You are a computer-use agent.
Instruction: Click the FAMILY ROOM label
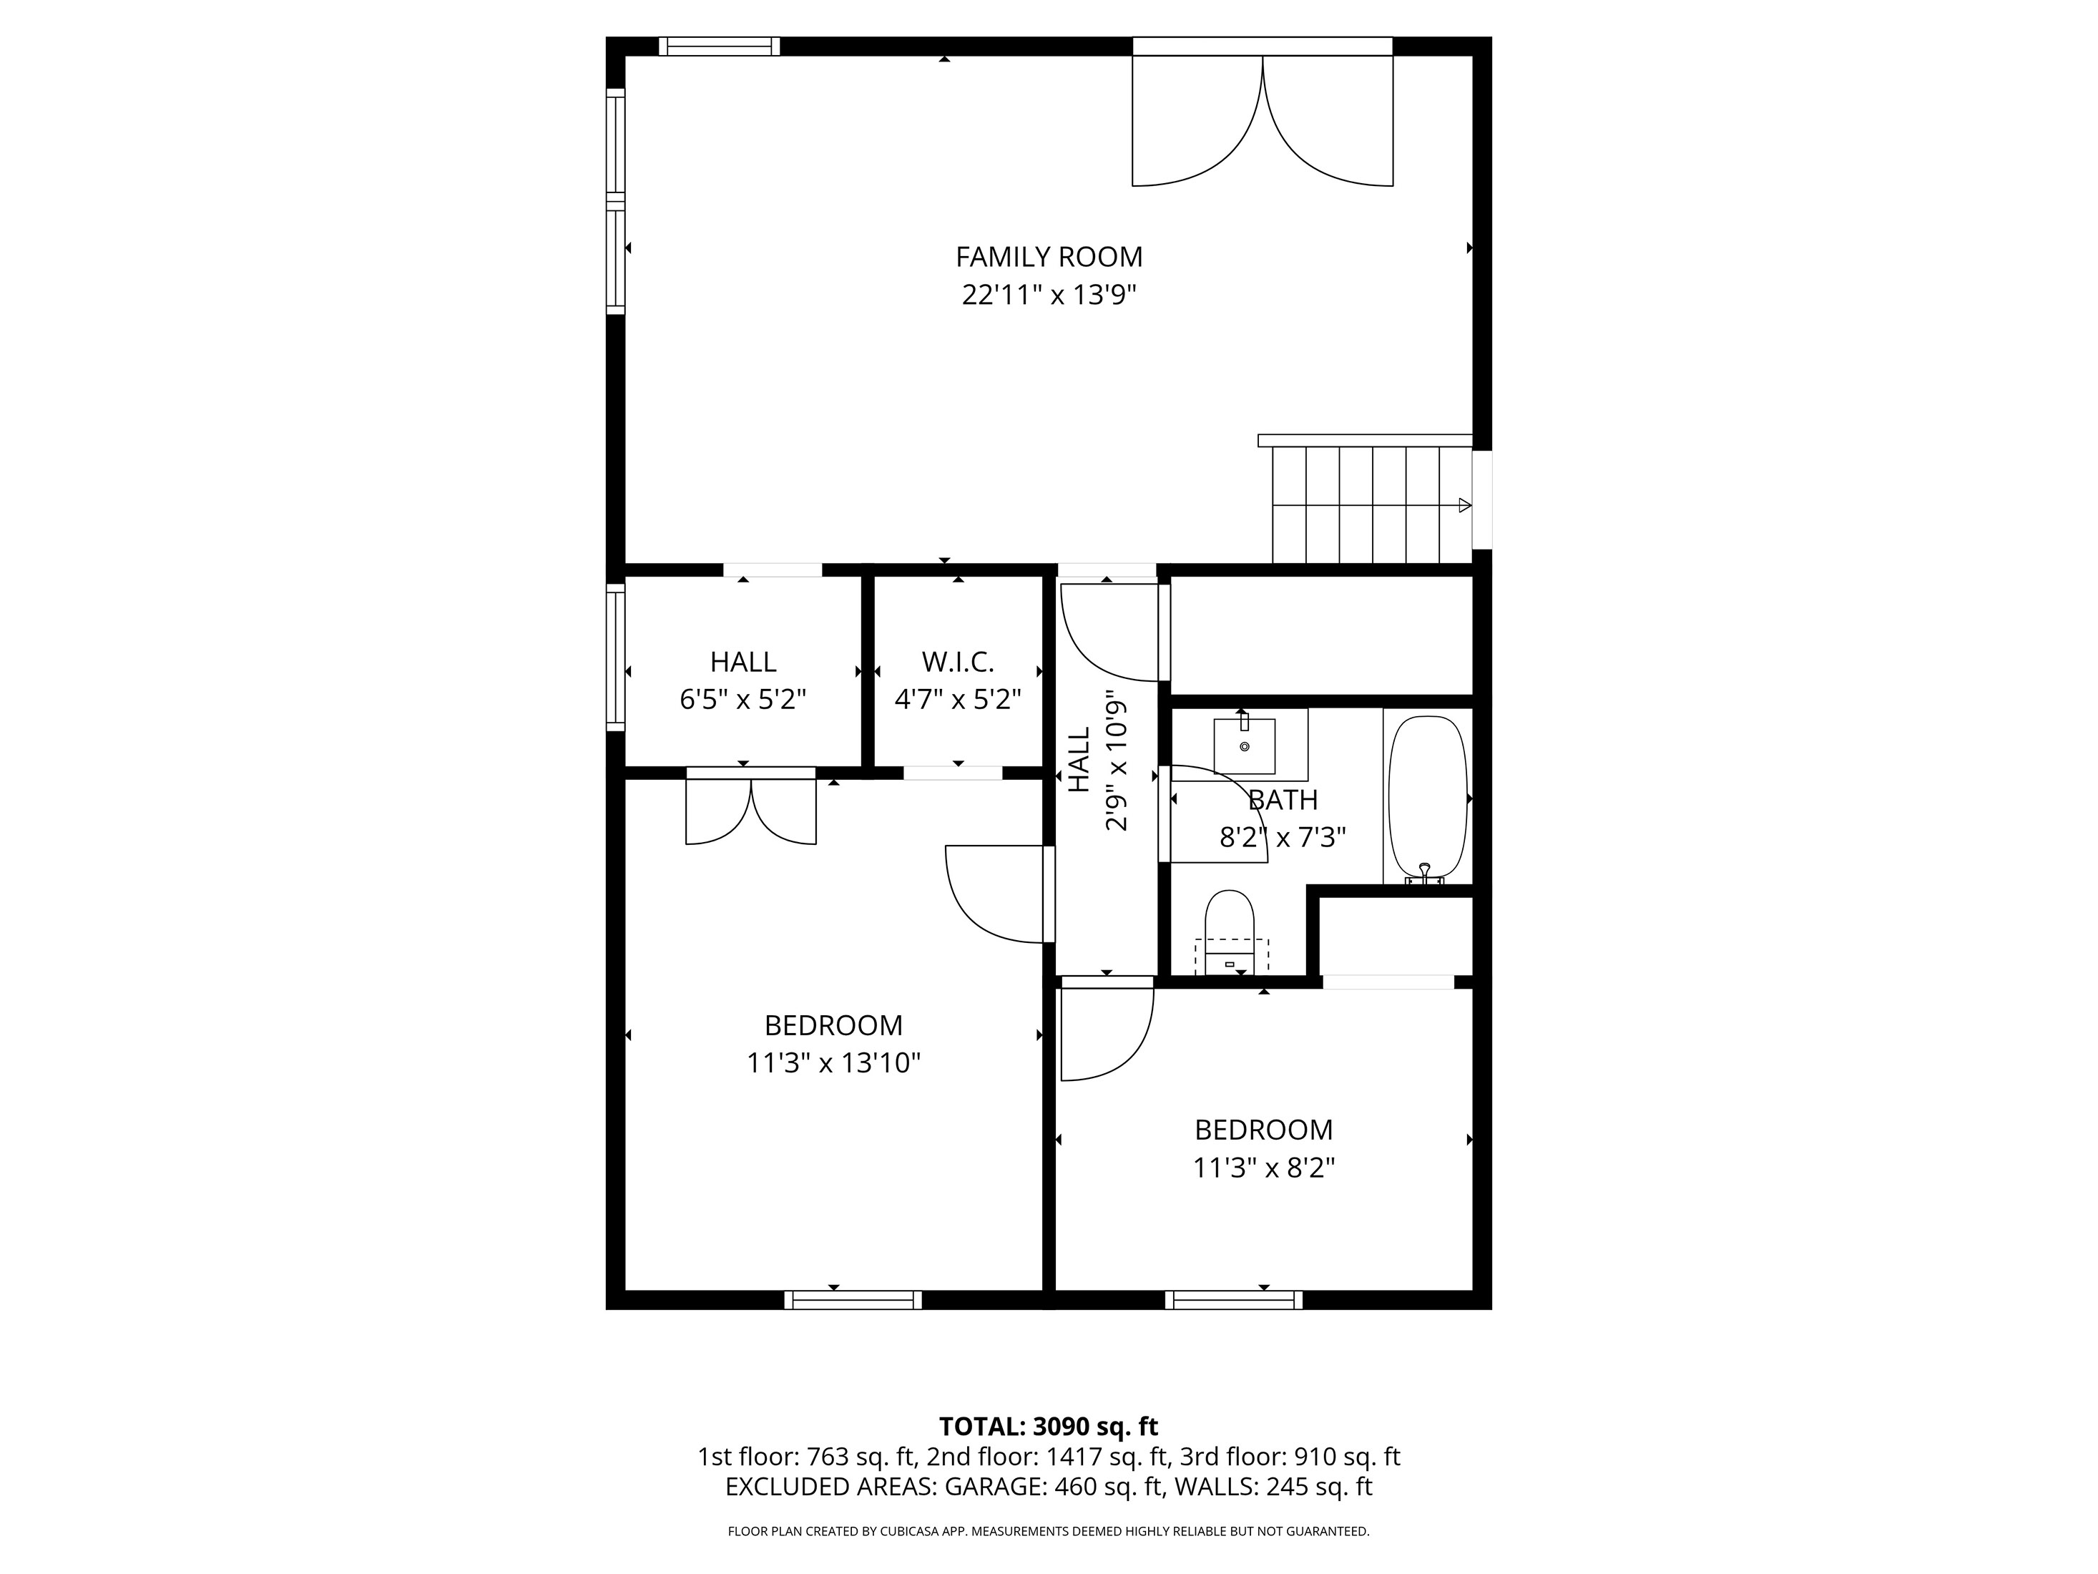1048,257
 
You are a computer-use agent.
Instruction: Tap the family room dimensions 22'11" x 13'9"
1048,295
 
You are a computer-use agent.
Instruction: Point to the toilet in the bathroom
1229,933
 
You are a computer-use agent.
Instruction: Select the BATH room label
1283,800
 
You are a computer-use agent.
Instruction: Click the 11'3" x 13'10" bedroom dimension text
834,1062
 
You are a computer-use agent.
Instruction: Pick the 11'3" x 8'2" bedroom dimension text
1263,1167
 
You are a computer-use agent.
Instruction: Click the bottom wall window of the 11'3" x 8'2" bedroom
1234,1300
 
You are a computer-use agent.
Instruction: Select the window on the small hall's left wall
616,658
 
